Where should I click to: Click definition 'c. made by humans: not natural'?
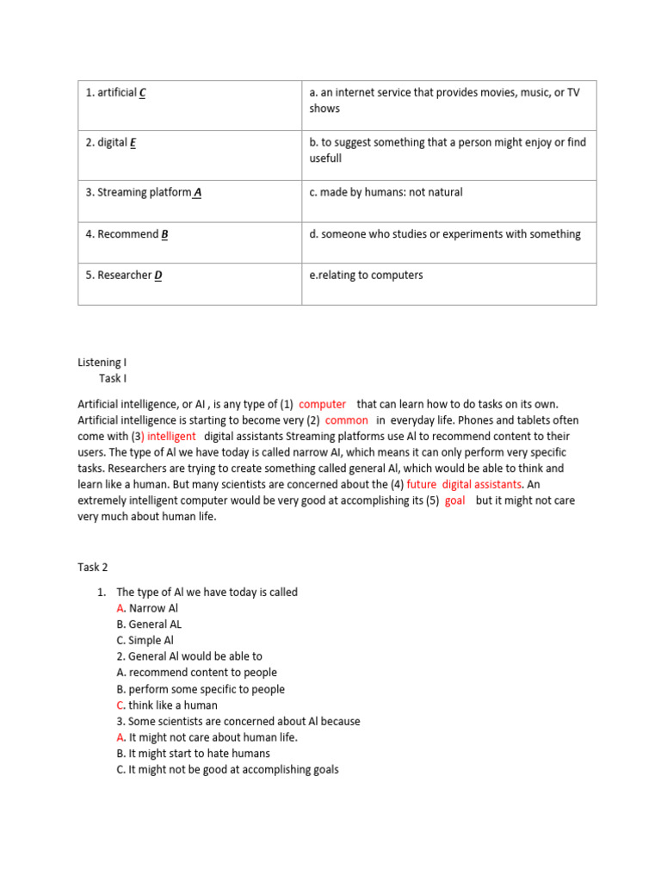click(x=386, y=192)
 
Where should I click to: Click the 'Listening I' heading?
click(x=102, y=363)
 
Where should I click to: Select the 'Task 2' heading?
click(x=93, y=567)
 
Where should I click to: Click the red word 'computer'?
click(x=322, y=404)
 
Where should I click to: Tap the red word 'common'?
click(x=346, y=420)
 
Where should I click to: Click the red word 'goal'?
click(x=454, y=500)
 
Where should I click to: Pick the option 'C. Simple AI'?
click(x=145, y=640)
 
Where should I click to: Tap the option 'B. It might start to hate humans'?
click(x=193, y=753)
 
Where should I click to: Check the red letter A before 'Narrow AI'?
click(x=120, y=608)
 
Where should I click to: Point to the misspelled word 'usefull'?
click(x=325, y=158)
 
